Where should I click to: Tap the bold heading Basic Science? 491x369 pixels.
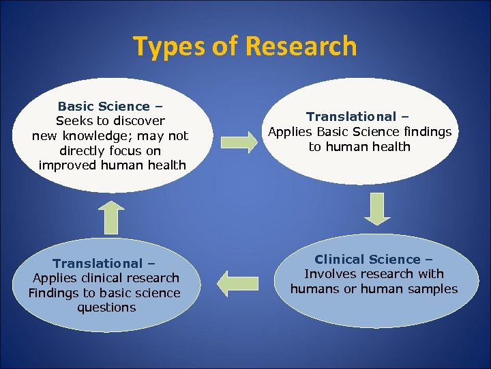[x=104, y=106]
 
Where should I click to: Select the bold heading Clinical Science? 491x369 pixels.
[x=368, y=259]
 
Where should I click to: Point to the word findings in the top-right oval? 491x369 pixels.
[x=427, y=132]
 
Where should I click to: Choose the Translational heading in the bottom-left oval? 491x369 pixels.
[x=98, y=263]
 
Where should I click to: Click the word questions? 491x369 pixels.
[x=106, y=307]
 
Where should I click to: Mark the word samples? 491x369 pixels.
[x=430, y=289]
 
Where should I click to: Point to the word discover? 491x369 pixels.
[x=139, y=121]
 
